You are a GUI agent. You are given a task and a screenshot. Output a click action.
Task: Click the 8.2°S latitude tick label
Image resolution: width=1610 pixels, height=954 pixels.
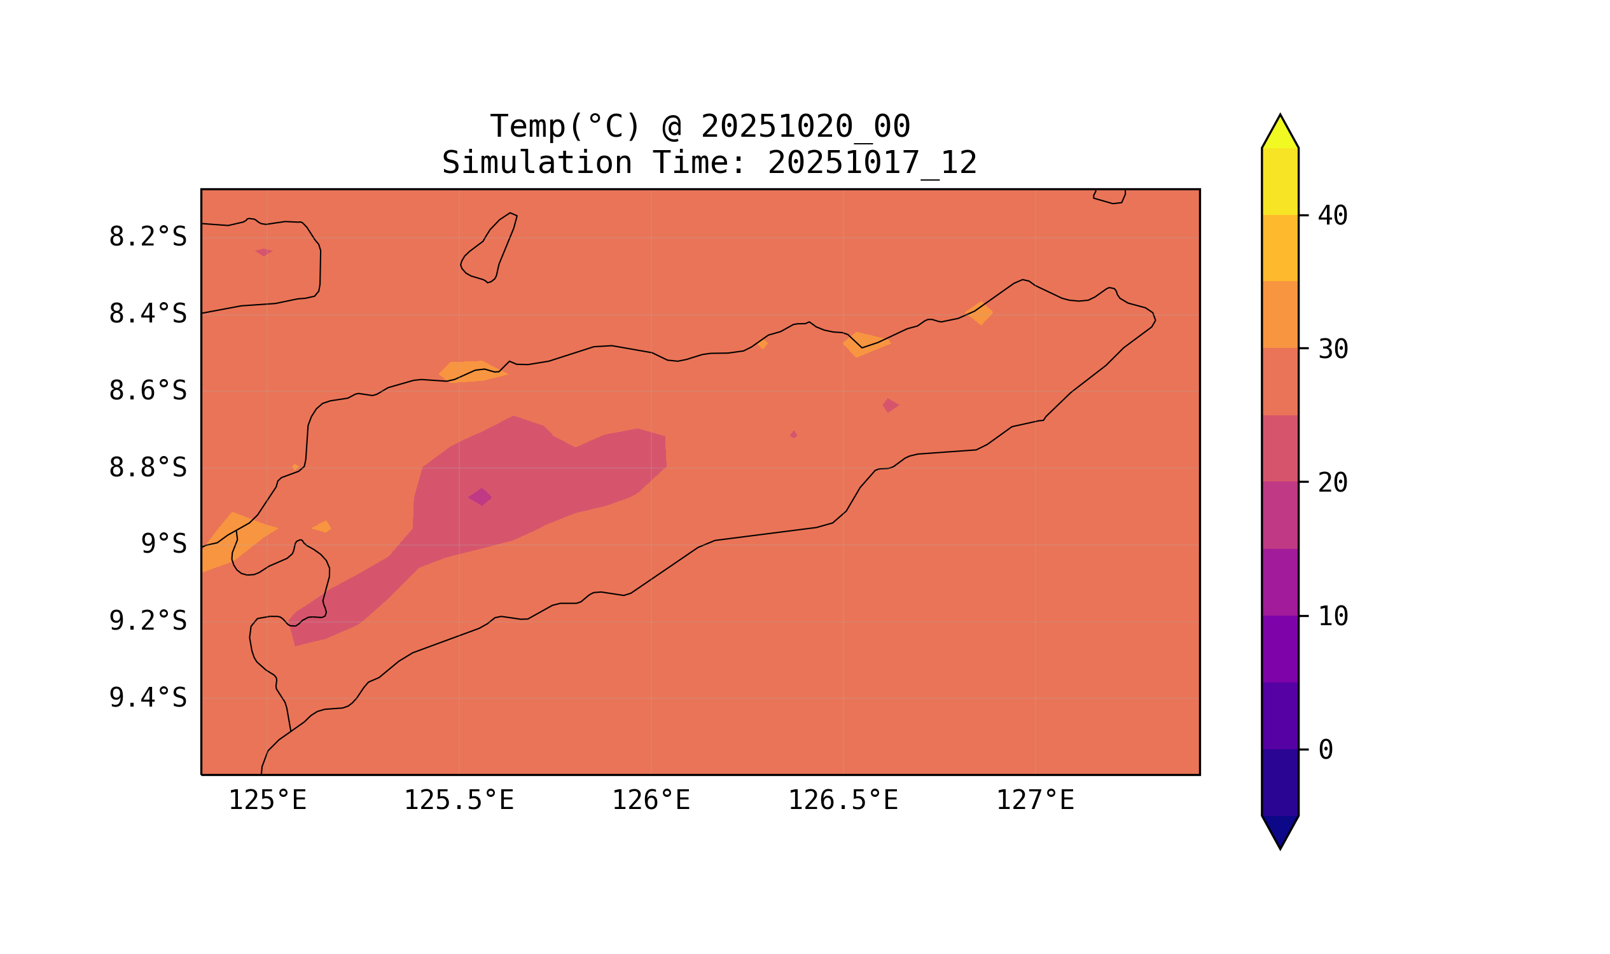[x=147, y=237]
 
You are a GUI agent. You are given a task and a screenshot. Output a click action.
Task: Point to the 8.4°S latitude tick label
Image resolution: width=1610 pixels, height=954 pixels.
[x=147, y=314]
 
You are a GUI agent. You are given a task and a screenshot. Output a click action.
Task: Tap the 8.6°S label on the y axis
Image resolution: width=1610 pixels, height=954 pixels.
[x=147, y=391]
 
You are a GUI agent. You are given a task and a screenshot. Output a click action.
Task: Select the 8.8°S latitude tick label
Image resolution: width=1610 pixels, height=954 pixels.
[x=147, y=468]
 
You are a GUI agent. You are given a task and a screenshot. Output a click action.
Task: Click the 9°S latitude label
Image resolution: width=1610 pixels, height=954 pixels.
[x=163, y=544]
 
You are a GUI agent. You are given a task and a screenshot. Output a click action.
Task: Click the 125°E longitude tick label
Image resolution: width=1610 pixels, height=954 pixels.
[x=267, y=801]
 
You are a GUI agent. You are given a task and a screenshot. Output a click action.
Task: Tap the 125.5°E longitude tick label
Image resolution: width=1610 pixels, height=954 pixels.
[x=459, y=801]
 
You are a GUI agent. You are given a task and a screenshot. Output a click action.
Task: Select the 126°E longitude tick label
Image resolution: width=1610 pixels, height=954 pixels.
[x=651, y=801]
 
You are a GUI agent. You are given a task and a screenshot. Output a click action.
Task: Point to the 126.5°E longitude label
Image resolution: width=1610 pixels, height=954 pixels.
[x=843, y=801]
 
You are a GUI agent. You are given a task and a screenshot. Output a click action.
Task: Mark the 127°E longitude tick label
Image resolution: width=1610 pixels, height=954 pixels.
[x=1035, y=801]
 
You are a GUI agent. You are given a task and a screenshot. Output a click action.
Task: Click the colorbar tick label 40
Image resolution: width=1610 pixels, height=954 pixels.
[x=1332, y=216]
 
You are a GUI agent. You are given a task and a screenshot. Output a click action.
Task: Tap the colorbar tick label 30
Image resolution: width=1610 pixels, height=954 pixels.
[x=1332, y=350]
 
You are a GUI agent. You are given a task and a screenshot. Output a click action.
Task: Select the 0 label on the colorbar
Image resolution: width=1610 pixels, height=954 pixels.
[x=1325, y=750]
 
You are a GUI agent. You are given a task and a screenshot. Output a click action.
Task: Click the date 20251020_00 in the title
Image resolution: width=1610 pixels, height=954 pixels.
[x=805, y=127]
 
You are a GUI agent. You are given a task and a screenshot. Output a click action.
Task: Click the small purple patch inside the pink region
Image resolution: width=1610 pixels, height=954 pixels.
[x=480, y=497]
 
